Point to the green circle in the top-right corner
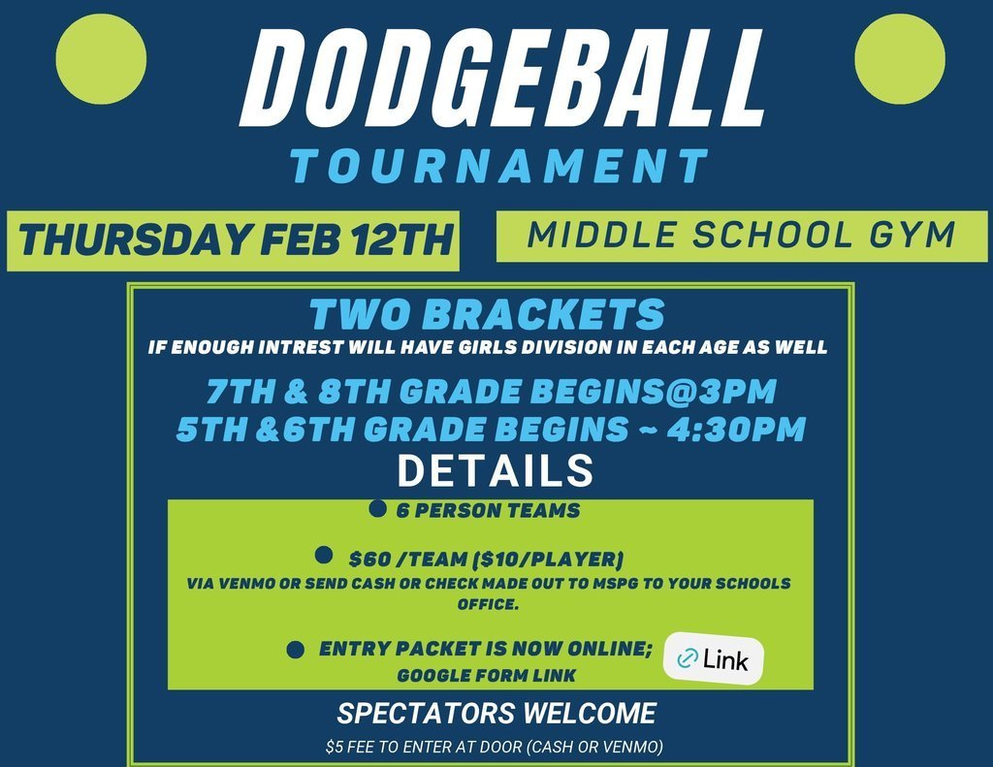(x=901, y=58)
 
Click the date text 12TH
(x=401, y=240)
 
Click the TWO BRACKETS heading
(x=488, y=314)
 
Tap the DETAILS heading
(x=496, y=471)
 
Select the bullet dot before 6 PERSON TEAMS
(x=378, y=508)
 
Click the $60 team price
(x=368, y=559)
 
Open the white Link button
(x=713, y=660)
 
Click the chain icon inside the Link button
(x=688, y=660)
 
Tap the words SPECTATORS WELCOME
(x=496, y=714)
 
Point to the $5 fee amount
(x=334, y=748)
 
